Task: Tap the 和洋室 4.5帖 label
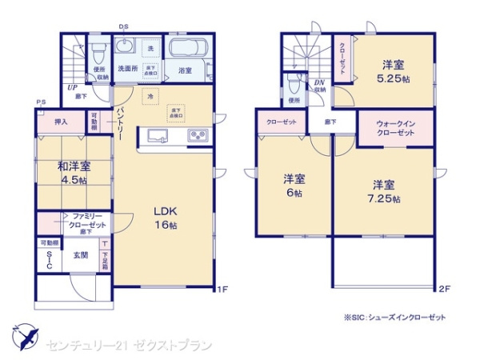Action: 73,173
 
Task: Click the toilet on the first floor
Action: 98,54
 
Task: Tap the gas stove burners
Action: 198,136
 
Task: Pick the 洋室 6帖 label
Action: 293,185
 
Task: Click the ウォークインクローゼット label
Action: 394,128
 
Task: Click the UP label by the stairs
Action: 72,87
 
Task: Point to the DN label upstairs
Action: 318,84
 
